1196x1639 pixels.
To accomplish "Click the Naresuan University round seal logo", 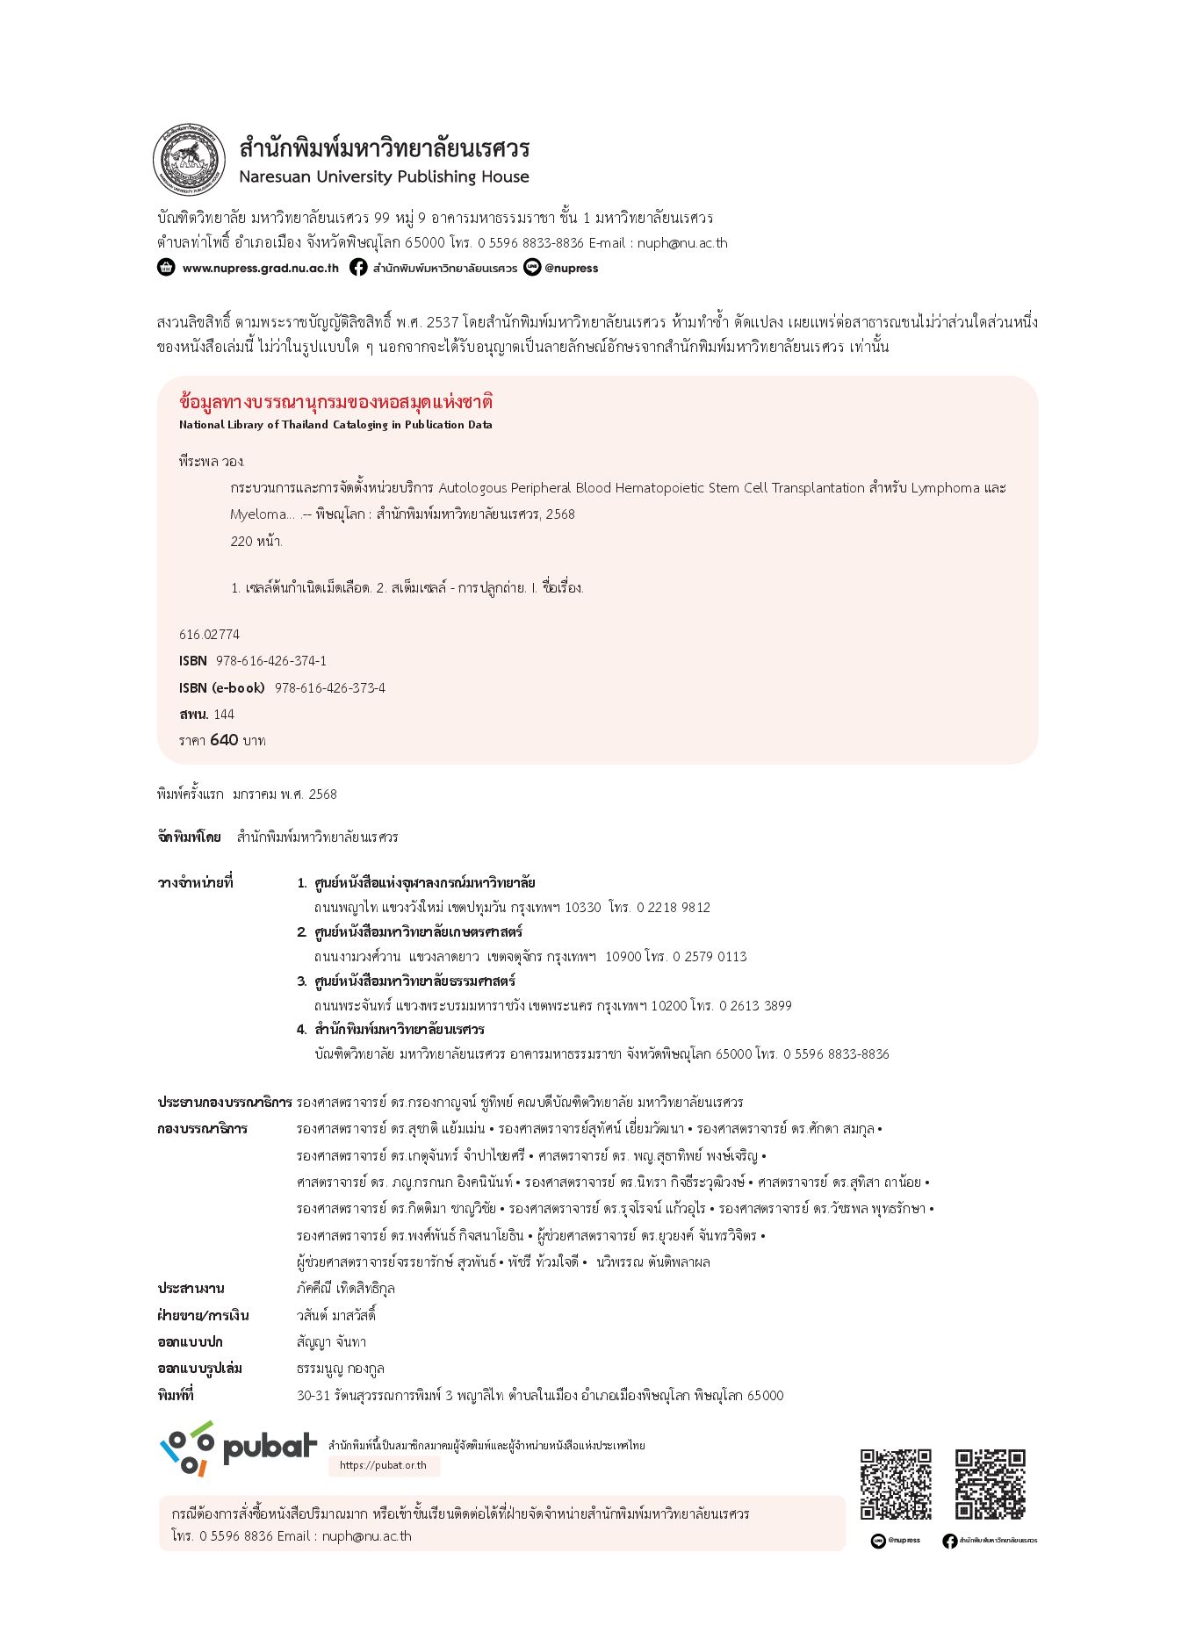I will click(x=190, y=161).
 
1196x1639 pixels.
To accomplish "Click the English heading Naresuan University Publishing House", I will click(x=384, y=176).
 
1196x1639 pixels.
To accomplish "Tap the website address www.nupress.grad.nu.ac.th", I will click(x=260, y=268).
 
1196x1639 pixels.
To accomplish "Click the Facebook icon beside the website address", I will click(x=358, y=267).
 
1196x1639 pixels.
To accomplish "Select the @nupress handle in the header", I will click(x=571, y=268).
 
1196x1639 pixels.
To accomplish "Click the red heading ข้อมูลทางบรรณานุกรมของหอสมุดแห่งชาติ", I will click(x=335, y=402).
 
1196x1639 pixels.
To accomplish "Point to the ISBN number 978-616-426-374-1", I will click(x=270, y=660).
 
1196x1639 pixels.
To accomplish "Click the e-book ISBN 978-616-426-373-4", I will click(x=329, y=687).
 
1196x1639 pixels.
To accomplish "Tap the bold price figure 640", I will click(x=224, y=739).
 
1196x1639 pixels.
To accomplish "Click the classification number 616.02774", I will click(x=209, y=634).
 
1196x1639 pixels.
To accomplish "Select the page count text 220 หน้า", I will click(x=256, y=541).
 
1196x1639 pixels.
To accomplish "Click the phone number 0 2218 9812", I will click(x=674, y=907).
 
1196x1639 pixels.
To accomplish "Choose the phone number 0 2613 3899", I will click(x=755, y=1005).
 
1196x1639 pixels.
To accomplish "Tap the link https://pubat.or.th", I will click(x=383, y=1465).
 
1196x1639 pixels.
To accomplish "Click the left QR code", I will click(x=896, y=1484).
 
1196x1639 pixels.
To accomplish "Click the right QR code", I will click(x=990, y=1484).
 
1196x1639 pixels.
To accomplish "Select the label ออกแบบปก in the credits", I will click(x=190, y=1341).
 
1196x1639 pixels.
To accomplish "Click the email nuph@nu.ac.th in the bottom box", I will click(x=366, y=1535).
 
